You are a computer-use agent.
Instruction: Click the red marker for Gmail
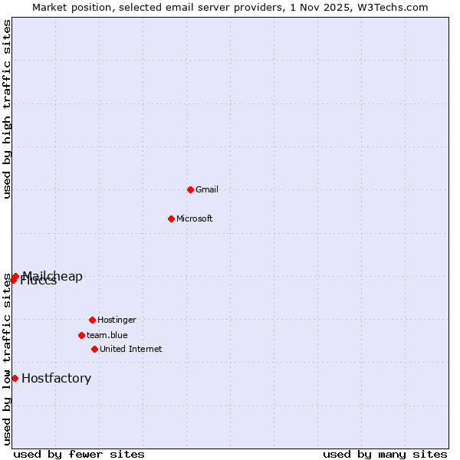pos(190,189)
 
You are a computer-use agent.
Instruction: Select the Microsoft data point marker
pos(171,219)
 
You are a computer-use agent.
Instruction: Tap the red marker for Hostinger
pos(92,320)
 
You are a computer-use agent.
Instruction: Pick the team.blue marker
pos(81,335)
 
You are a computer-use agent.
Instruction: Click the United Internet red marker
pos(94,349)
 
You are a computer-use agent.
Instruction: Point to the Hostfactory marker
pos(15,378)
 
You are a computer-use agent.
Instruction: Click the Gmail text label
pos(207,189)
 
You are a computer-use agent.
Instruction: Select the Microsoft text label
pos(195,219)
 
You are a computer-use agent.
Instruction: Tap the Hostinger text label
pos(117,320)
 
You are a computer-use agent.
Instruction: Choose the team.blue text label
pos(107,335)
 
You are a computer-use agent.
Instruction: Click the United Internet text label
pos(131,349)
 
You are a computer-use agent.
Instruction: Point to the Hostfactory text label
pos(56,378)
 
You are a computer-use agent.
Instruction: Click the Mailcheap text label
pos(53,276)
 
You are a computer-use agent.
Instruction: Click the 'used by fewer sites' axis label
pos(79,454)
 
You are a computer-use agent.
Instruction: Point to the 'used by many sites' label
pos(385,454)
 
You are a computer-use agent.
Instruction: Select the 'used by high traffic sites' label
pos(7,109)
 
